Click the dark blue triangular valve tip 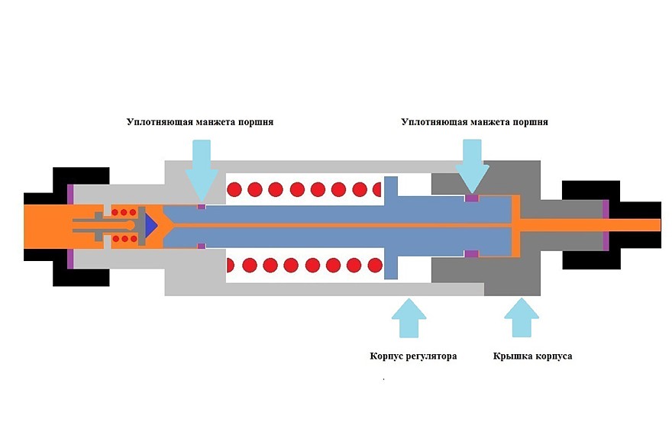point(149,224)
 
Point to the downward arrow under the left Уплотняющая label point(202,166)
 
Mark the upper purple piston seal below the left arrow point(201,206)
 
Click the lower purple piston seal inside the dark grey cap point(472,253)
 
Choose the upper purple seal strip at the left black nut point(70,195)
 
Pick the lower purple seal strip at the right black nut point(606,242)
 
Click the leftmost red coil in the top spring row point(234,188)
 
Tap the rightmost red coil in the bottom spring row point(373,266)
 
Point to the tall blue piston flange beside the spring point(391,227)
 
